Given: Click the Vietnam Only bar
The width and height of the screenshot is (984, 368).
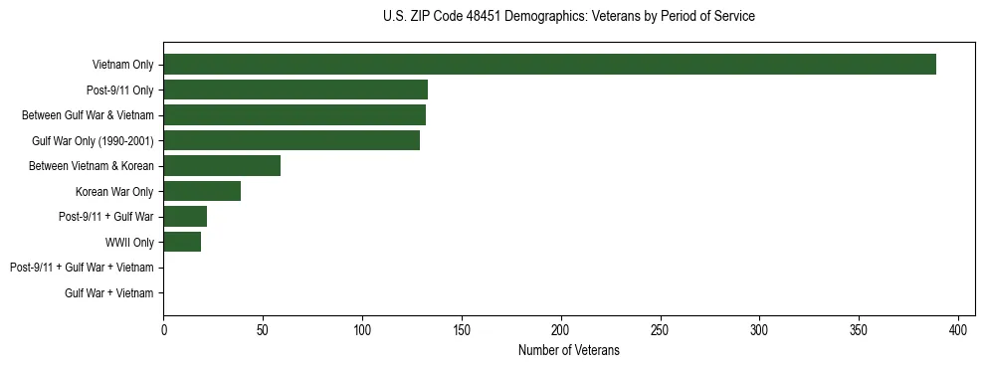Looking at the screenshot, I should click(549, 65).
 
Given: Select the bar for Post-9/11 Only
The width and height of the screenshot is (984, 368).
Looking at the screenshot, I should click(295, 90).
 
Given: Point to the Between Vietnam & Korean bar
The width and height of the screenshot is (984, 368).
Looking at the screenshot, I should click(222, 166).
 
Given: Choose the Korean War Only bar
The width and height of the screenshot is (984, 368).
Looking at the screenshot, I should click(202, 191).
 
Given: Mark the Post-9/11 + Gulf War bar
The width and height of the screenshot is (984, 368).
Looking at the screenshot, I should click(185, 217).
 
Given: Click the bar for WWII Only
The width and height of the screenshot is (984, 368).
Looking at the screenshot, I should click(182, 242).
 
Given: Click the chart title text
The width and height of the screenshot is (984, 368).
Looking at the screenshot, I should click(568, 17).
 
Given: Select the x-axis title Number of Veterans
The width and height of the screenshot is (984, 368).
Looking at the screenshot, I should click(568, 351).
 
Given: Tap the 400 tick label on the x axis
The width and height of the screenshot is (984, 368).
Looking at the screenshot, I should click(958, 329).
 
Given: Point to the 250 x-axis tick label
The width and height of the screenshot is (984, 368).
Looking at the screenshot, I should click(661, 329).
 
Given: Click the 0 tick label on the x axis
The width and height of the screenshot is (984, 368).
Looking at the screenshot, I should click(163, 329).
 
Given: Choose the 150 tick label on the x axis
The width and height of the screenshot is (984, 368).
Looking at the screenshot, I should click(462, 329).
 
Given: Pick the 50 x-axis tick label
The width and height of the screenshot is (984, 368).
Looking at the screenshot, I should click(263, 329).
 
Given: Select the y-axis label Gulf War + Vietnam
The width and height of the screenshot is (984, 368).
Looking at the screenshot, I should click(109, 292).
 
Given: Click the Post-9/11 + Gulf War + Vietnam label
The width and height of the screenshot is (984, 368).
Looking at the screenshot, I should click(82, 268).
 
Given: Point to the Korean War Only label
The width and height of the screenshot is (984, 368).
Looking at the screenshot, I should click(114, 191).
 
